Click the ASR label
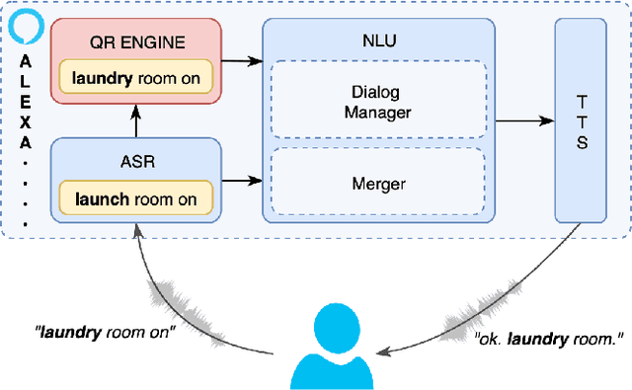136,162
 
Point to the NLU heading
377,40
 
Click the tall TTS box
582,121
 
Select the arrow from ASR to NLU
242,181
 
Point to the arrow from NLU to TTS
523,121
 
